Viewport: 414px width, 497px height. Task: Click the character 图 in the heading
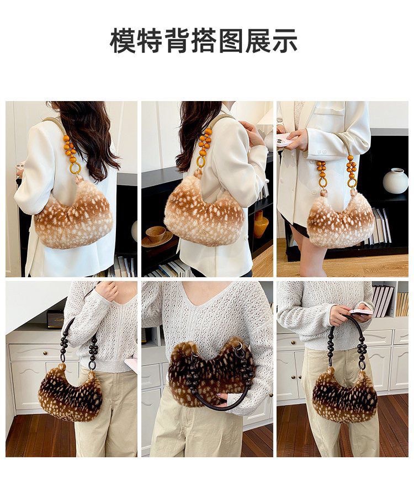pos(230,41)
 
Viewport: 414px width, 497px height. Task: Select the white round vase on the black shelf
pos(395,181)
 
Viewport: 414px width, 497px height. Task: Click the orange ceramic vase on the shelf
pos(261,224)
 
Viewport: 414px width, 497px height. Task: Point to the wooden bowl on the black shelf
pos(157,236)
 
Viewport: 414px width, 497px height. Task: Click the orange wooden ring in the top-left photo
pos(75,168)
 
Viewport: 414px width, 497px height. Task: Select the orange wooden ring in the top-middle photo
pos(201,162)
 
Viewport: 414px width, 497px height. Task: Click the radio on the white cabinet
pos(56,319)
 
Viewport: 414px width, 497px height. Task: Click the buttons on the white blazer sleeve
pos(322,152)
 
